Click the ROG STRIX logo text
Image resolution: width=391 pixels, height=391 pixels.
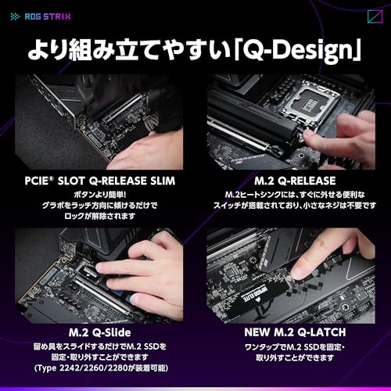(x=48, y=16)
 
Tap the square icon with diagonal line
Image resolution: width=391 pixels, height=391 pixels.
(x=375, y=16)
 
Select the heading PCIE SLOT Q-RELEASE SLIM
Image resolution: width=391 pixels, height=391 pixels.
(x=100, y=181)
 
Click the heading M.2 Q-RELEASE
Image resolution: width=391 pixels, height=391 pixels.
(x=295, y=181)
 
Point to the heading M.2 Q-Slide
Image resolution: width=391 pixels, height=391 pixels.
(x=100, y=332)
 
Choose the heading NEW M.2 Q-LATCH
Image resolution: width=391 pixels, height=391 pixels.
(x=295, y=332)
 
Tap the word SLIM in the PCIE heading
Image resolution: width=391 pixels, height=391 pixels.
(x=162, y=181)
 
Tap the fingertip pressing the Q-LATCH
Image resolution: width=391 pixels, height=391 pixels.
(x=296, y=272)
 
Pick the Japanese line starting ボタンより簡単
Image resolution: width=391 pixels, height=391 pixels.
(x=100, y=195)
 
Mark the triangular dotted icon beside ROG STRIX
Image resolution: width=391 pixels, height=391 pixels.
(x=15, y=16)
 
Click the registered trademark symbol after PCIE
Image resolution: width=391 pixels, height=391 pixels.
(x=52, y=178)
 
